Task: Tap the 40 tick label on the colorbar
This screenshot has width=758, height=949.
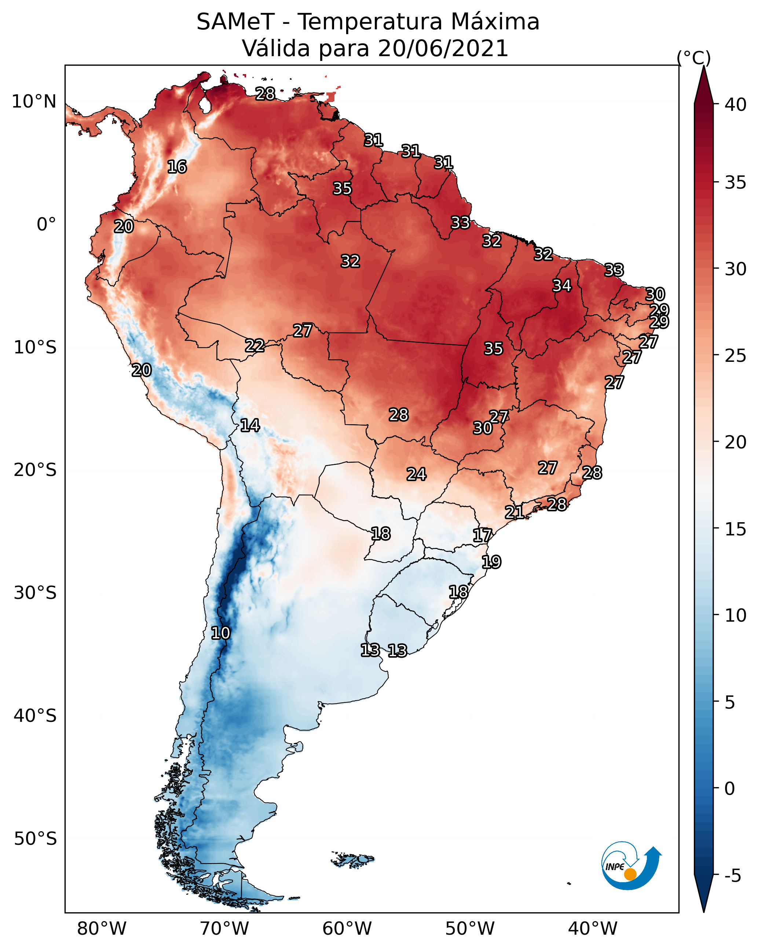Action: (736, 105)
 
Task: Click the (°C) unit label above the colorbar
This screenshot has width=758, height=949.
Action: (694, 58)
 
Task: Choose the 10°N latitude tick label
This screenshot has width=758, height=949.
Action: (34, 102)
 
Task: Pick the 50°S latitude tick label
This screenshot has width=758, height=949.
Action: (35, 839)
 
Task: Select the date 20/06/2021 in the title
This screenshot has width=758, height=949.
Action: (443, 48)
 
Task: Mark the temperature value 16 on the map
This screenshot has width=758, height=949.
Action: (177, 167)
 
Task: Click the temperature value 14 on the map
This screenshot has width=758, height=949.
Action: (250, 425)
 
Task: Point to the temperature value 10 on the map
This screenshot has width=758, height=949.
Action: (220, 633)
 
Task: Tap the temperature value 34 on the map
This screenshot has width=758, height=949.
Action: (562, 286)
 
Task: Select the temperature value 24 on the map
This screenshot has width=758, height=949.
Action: (416, 474)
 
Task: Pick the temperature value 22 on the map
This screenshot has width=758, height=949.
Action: (255, 346)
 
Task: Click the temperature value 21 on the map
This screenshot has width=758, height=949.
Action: (514, 512)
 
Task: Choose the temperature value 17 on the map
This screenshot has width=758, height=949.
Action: (483, 535)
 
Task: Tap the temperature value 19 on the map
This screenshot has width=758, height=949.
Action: (491, 562)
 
